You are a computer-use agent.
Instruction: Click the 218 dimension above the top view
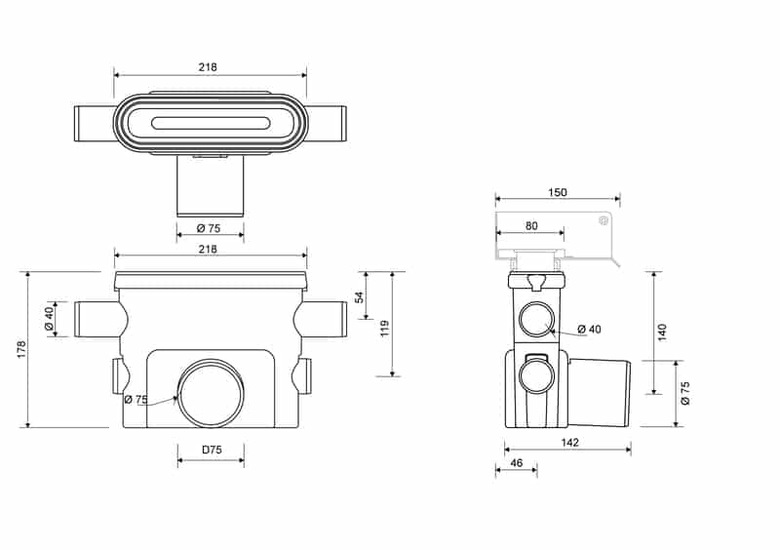pos(207,67)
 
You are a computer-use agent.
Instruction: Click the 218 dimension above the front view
pos(207,250)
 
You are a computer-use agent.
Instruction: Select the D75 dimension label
pos(211,450)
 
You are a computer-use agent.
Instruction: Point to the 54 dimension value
pos(359,296)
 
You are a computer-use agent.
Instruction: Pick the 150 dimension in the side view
pos(557,193)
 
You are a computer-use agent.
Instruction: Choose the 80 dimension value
pos(530,225)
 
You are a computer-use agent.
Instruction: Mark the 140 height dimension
pos(662,331)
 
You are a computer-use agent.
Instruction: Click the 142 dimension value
pos(571,443)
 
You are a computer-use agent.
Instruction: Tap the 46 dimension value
pos(517,462)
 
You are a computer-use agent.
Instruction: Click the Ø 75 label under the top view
pos(207,228)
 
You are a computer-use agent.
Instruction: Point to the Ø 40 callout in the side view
pos(588,329)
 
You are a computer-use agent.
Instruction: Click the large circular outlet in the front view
pos(211,393)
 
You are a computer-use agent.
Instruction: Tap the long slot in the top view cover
pos(210,123)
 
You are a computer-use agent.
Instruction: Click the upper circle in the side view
pos(537,319)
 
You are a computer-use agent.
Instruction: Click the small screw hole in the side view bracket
pos(604,221)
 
